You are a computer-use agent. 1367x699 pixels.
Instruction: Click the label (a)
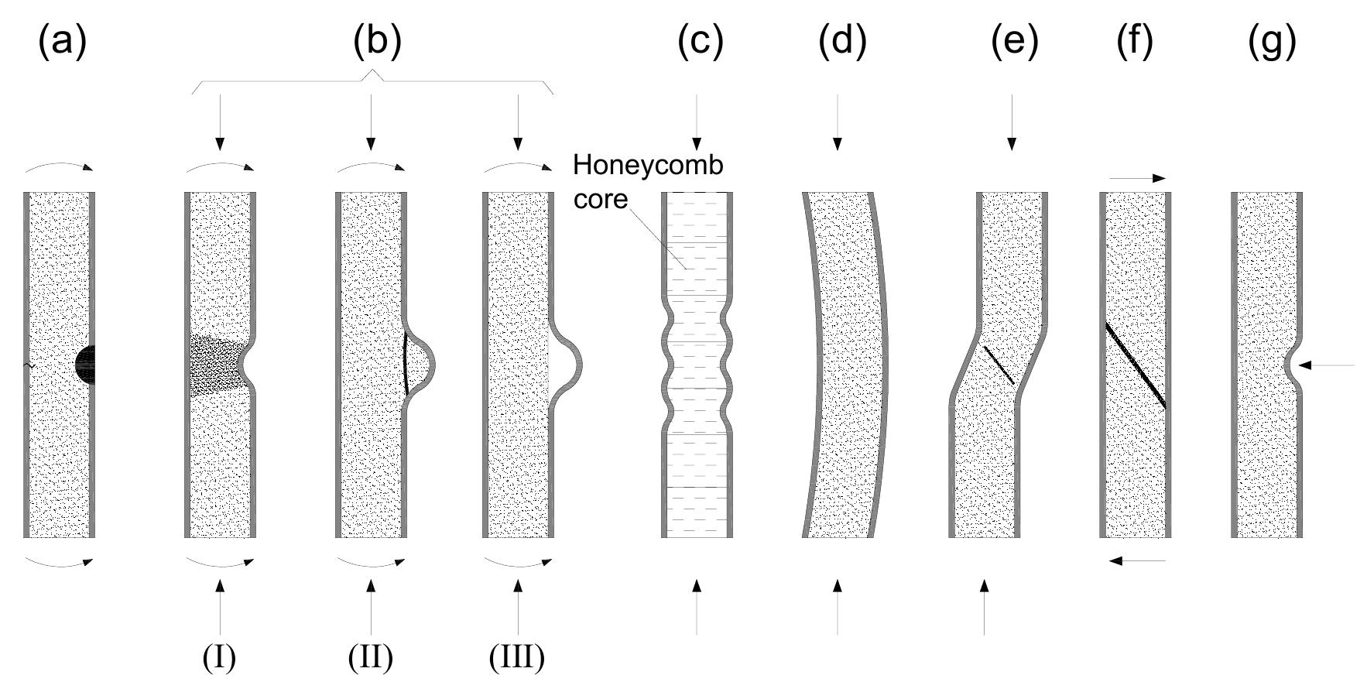[x=62, y=42]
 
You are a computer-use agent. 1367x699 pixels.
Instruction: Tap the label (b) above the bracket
[x=377, y=42]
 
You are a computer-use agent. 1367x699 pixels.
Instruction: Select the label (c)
[x=700, y=42]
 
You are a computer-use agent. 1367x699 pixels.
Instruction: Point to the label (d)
[x=842, y=42]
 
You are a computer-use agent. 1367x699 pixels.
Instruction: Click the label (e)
[x=1014, y=42]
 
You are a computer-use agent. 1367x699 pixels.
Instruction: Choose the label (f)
[x=1135, y=42]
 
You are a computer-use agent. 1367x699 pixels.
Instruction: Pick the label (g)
[x=1272, y=42]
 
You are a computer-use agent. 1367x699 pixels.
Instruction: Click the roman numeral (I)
[x=219, y=657]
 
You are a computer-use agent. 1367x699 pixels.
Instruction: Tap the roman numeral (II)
[x=370, y=657]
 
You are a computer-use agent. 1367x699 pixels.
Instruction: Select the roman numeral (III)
[x=516, y=657]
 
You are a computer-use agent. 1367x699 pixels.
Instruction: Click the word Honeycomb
[x=648, y=165]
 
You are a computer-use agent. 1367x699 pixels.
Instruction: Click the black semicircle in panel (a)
[x=86, y=364]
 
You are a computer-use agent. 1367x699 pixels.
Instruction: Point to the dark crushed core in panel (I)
[x=217, y=366]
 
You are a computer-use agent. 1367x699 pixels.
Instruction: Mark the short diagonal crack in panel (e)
[x=999, y=365]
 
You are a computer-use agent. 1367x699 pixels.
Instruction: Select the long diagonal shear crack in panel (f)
[x=1135, y=365]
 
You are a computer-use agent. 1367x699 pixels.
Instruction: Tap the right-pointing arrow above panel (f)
[x=1136, y=178]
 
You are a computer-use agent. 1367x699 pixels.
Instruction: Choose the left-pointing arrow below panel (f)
[x=1136, y=560]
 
